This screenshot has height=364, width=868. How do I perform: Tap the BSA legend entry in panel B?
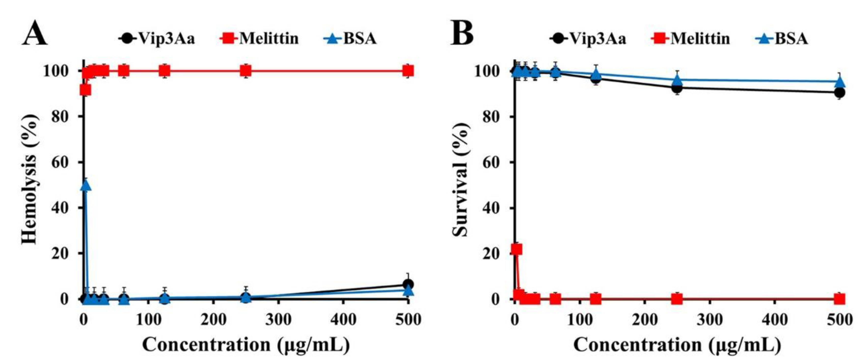[x=781, y=38]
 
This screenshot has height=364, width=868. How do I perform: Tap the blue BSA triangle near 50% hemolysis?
[x=86, y=184]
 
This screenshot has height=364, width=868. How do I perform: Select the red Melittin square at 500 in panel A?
[x=408, y=71]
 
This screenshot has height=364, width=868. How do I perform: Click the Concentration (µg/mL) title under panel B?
[x=677, y=345]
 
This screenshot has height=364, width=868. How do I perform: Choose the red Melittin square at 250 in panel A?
[x=246, y=71]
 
